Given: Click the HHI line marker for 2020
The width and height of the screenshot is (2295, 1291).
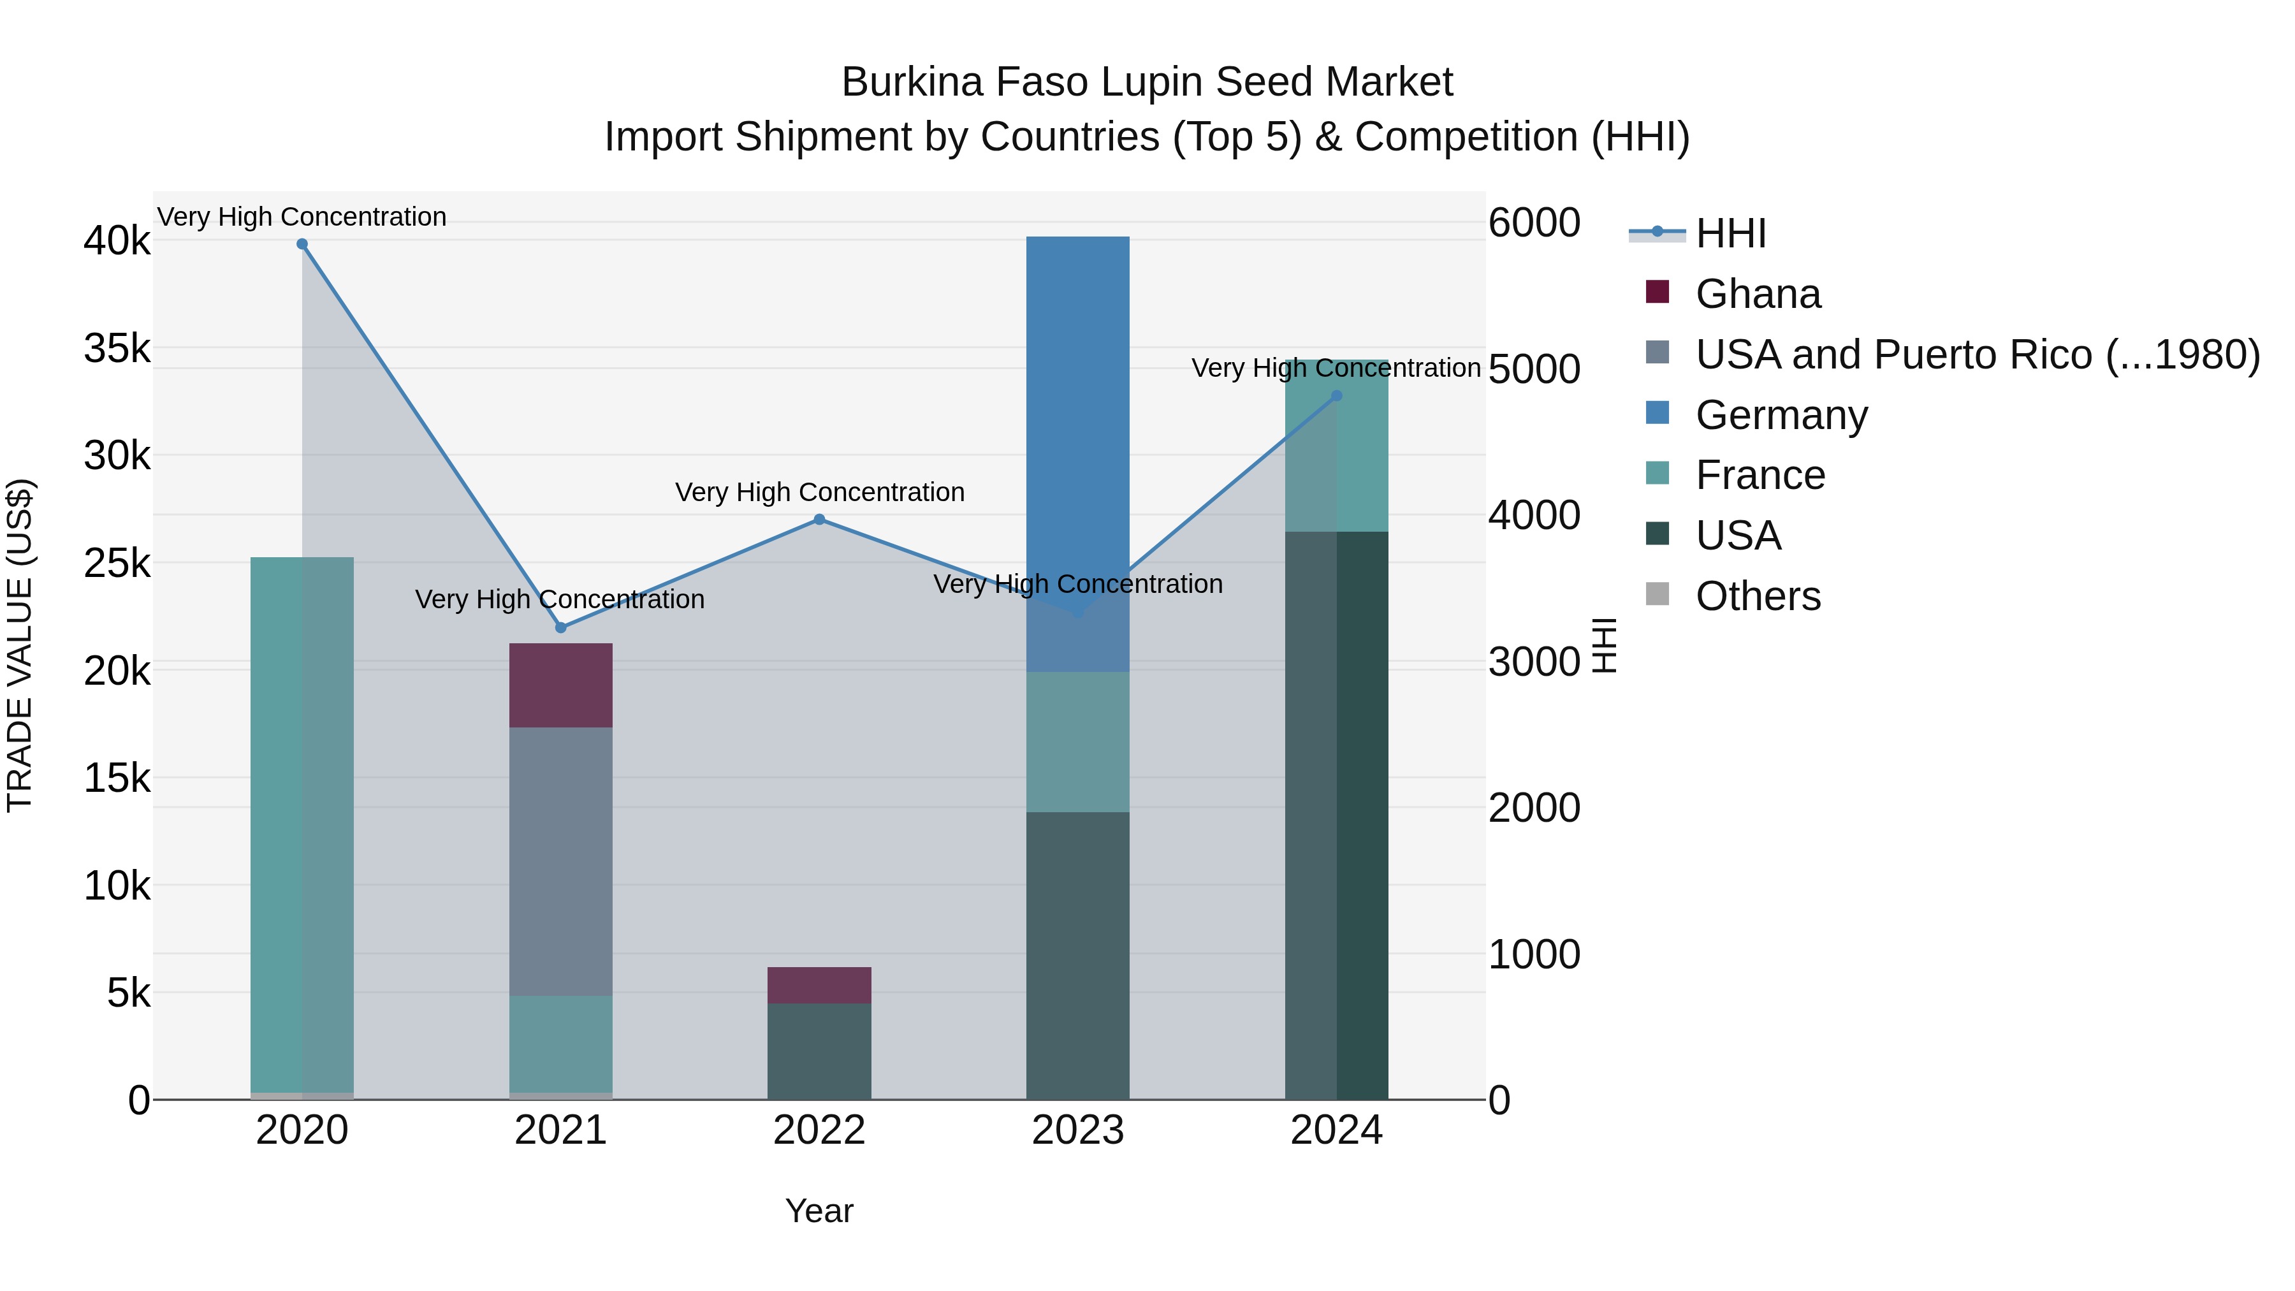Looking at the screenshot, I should tap(302, 244).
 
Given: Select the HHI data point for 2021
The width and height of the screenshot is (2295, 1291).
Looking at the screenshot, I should tap(560, 628).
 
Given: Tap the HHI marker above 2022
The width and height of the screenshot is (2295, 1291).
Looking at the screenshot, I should tap(820, 520).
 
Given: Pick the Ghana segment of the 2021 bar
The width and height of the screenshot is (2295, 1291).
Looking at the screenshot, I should tap(560, 685).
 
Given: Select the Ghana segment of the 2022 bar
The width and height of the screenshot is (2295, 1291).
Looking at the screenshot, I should tap(820, 986).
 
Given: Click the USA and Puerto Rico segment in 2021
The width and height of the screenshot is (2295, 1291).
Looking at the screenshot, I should tap(560, 861).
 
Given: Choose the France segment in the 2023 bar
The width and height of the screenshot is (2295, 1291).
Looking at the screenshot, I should tap(1078, 741).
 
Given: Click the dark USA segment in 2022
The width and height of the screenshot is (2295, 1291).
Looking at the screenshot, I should tap(820, 1051).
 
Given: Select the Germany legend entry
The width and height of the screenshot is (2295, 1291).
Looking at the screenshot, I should tap(1780, 415).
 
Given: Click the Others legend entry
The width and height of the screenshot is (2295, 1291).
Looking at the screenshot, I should tap(1757, 596).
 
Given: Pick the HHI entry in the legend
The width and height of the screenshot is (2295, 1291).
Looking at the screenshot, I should tap(1730, 233).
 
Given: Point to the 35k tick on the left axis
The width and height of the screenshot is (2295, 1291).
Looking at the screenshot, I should tap(117, 348).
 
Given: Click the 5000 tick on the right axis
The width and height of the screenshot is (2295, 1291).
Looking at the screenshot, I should tap(1534, 369).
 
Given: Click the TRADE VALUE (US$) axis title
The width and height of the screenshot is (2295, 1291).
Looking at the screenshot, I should tap(20, 645).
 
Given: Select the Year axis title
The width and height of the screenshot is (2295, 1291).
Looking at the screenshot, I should tap(819, 1211).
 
